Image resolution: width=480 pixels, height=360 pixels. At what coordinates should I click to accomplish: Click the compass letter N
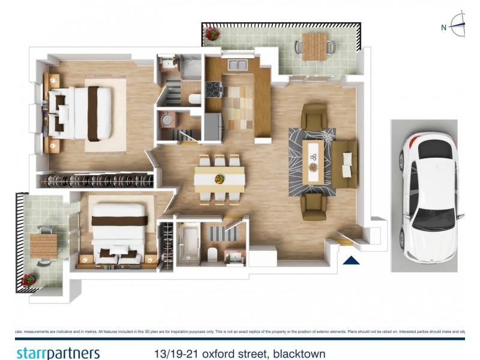pos(444,27)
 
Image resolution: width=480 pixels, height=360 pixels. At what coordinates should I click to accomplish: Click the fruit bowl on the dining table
pos(220,178)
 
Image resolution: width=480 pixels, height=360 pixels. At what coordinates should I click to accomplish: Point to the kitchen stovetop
pos(214,89)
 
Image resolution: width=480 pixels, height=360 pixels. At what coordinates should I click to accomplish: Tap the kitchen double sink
pos(238,65)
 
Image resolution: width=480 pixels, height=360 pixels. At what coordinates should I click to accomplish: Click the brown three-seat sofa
pos(345,163)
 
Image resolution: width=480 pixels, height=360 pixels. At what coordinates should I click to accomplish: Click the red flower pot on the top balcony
pos(212,34)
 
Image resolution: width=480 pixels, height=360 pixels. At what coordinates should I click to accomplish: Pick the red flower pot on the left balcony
pos(28,280)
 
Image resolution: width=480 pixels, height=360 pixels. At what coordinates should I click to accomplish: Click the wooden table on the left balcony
pos(43,245)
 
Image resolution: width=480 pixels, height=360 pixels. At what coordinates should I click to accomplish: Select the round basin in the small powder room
pos(165,120)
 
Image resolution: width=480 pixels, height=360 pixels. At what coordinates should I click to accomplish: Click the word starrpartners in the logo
pos(58,353)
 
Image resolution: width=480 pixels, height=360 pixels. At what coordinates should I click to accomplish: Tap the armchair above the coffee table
pos(314,115)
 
